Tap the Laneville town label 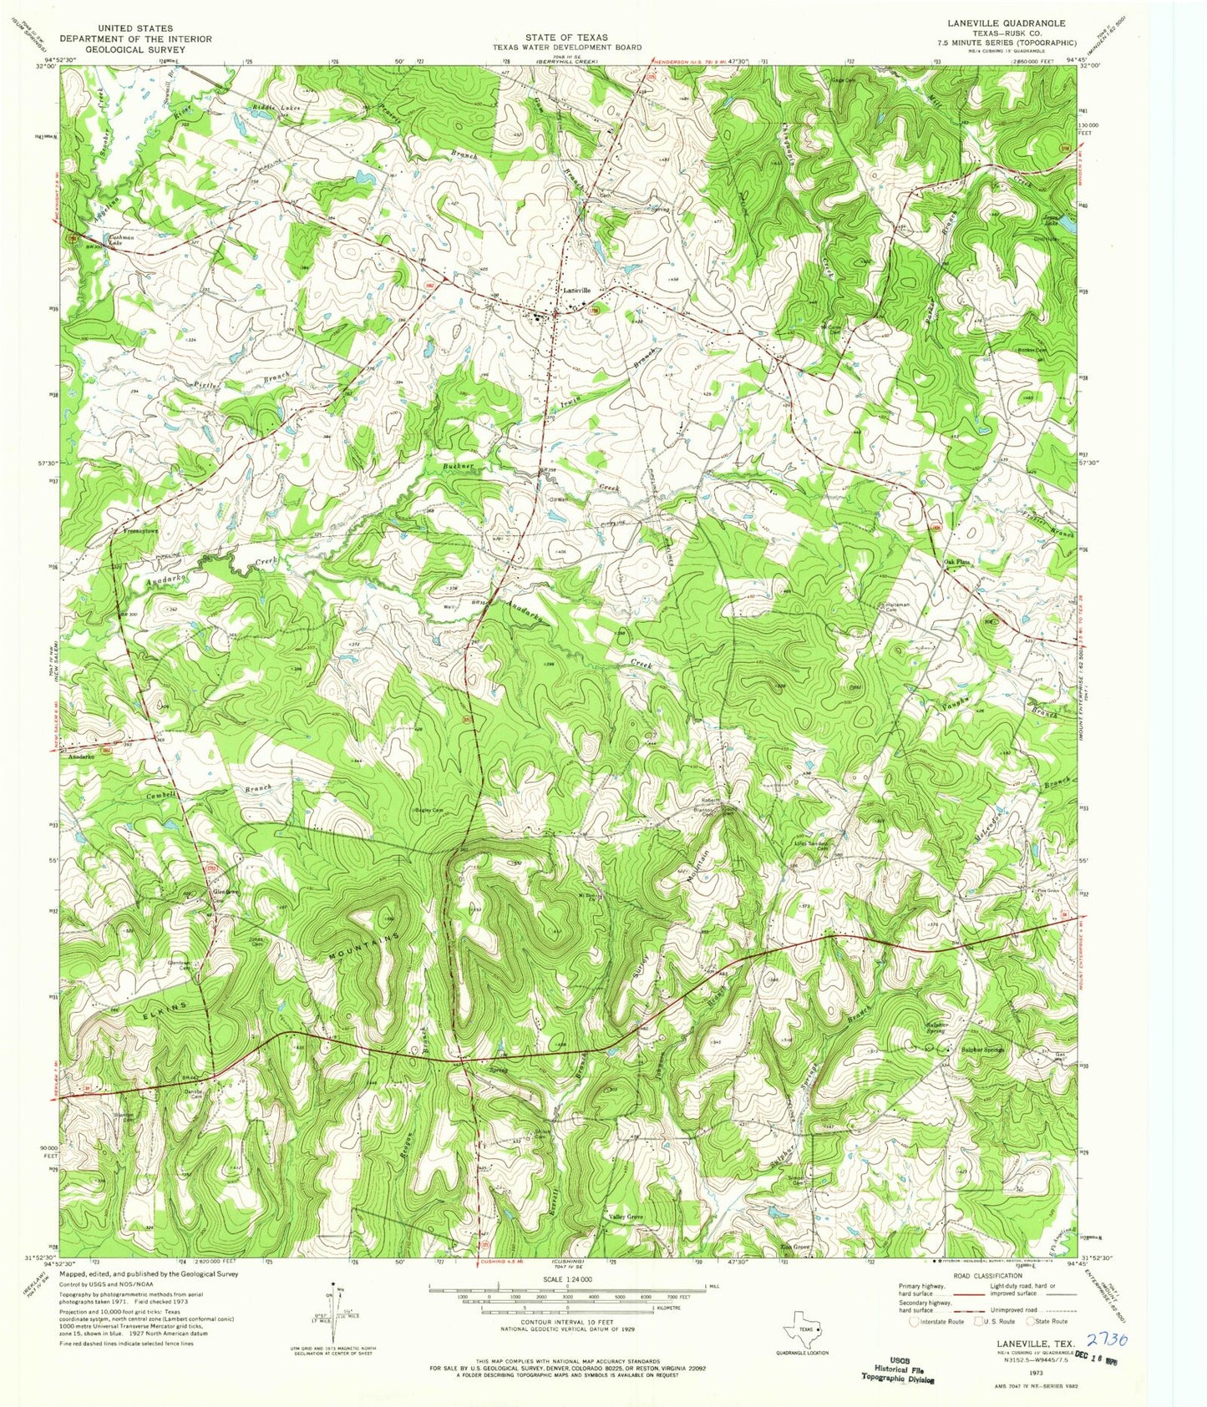[x=576, y=290]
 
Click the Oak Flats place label [x=957, y=562]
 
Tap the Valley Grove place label [x=626, y=1217]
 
